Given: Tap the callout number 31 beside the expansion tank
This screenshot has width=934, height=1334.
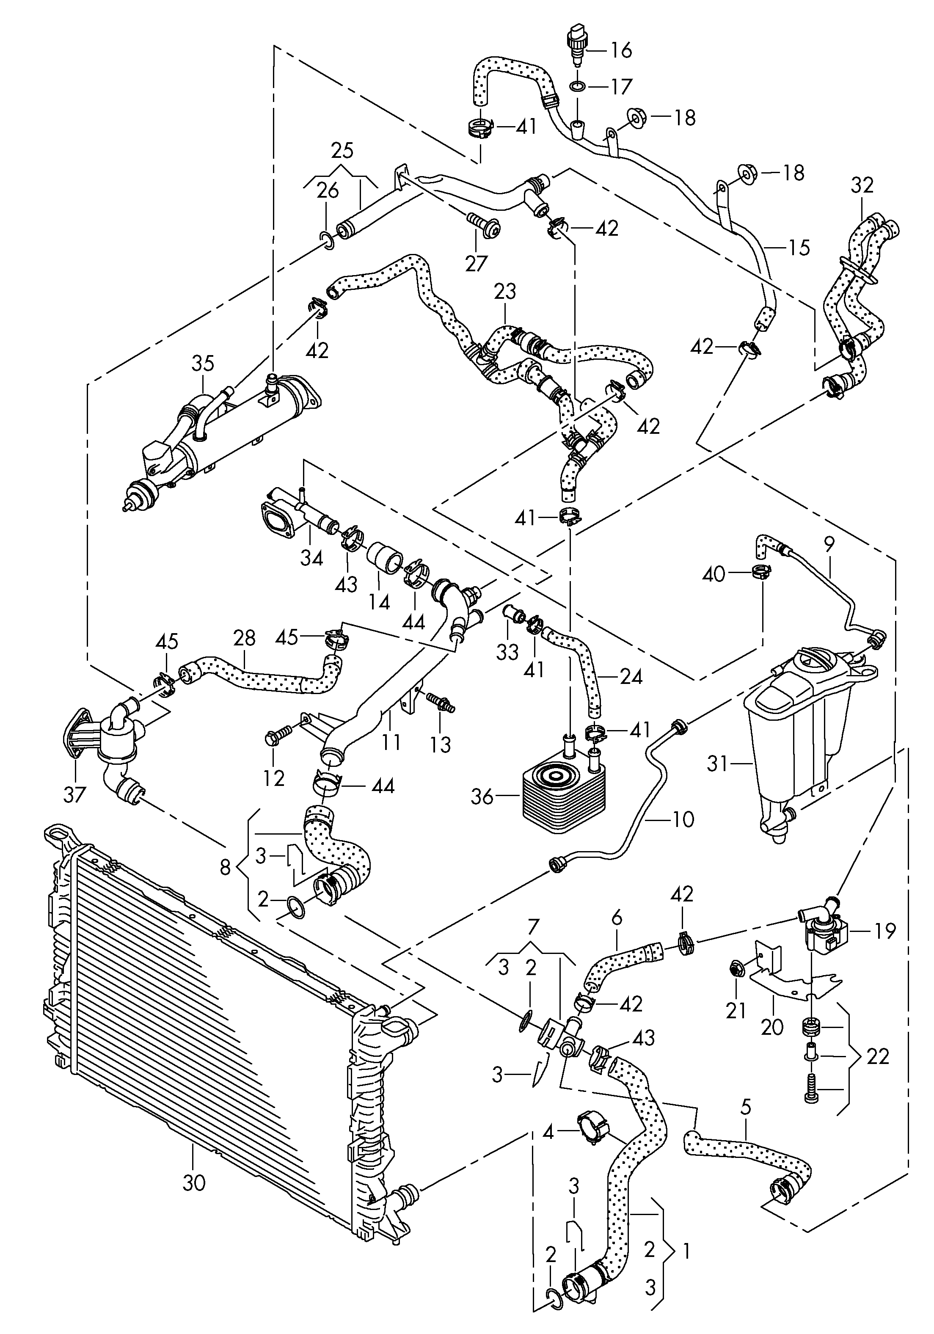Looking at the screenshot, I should [717, 764].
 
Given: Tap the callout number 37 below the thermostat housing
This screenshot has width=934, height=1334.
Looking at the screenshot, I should [74, 794].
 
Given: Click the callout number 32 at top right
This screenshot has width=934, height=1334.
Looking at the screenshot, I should [862, 185].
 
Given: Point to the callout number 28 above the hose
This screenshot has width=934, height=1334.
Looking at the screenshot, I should [244, 638].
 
